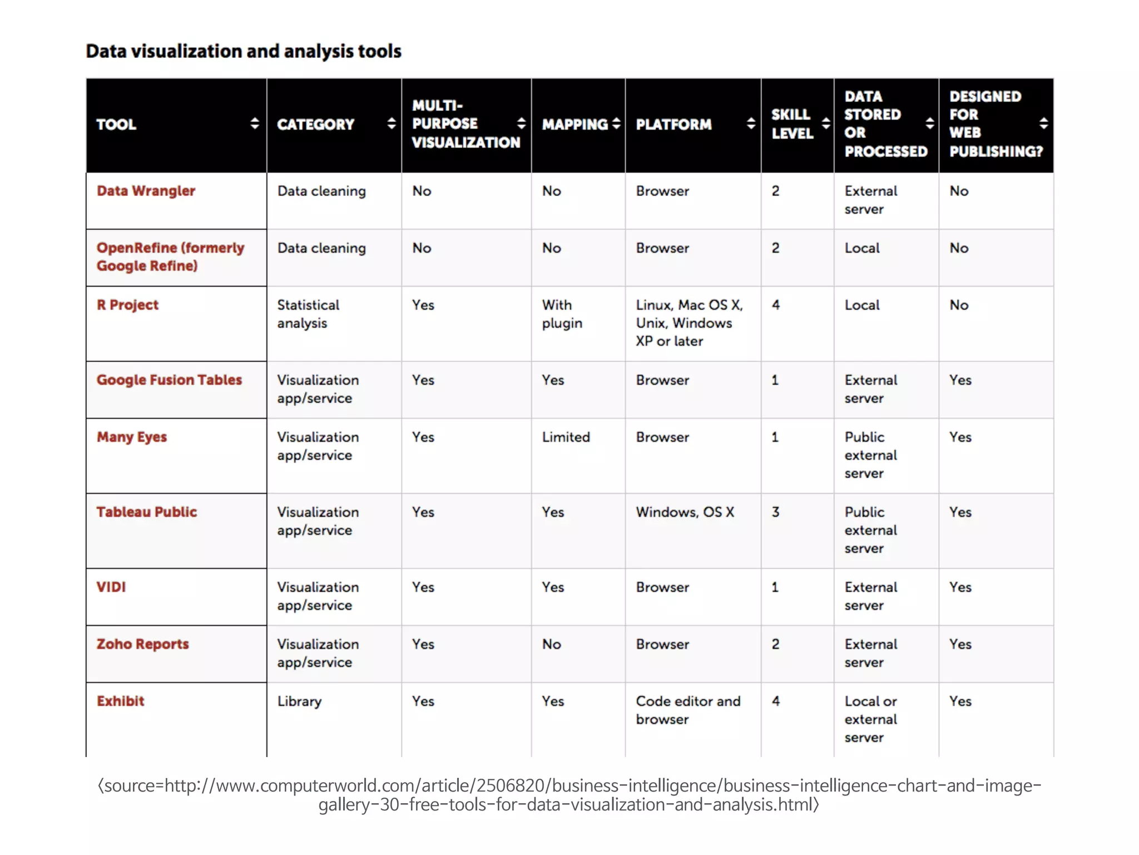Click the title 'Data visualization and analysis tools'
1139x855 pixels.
(x=244, y=51)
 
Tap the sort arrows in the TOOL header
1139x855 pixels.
(x=255, y=124)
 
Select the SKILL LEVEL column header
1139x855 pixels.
(x=792, y=124)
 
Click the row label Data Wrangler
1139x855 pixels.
(x=146, y=191)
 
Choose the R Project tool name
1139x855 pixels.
(x=127, y=305)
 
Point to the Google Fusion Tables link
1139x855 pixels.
(x=169, y=380)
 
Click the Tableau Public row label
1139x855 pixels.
(x=147, y=512)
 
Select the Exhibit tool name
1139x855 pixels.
(x=120, y=701)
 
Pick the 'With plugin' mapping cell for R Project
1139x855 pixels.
(x=562, y=314)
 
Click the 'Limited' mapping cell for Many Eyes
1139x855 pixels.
(x=566, y=438)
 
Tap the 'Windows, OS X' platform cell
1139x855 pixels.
(x=685, y=512)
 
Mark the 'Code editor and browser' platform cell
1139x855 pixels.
(x=688, y=710)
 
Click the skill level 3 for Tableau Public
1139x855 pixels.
(x=775, y=512)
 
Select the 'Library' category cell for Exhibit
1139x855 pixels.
(x=299, y=701)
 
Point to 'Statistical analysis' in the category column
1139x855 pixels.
(x=308, y=314)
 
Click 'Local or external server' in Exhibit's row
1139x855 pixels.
(x=870, y=719)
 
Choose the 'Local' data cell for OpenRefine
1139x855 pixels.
(x=861, y=248)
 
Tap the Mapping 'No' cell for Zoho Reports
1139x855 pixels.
(x=551, y=645)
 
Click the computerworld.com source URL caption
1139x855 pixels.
(x=569, y=795)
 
